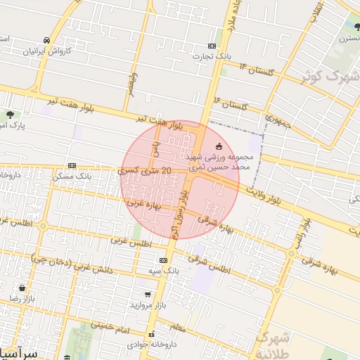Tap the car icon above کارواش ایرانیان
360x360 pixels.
point(46,40)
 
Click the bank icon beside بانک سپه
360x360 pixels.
point(163,260)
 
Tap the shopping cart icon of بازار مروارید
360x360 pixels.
point(146,295)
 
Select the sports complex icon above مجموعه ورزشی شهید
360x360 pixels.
point(219,146)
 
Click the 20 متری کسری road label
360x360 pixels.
point(146,171)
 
